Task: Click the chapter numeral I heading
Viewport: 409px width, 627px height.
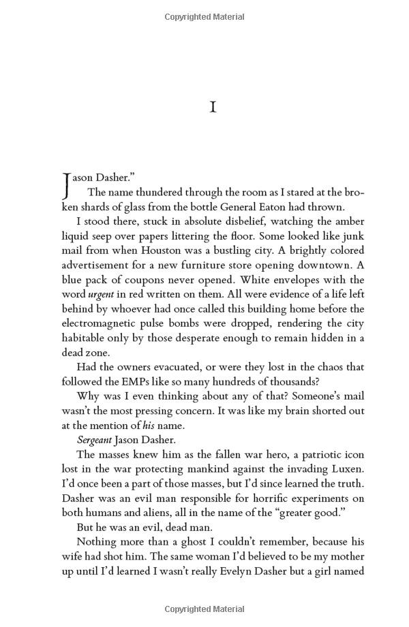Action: (x=213, y=108)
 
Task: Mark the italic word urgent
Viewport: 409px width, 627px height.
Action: (x=101, y=295)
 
